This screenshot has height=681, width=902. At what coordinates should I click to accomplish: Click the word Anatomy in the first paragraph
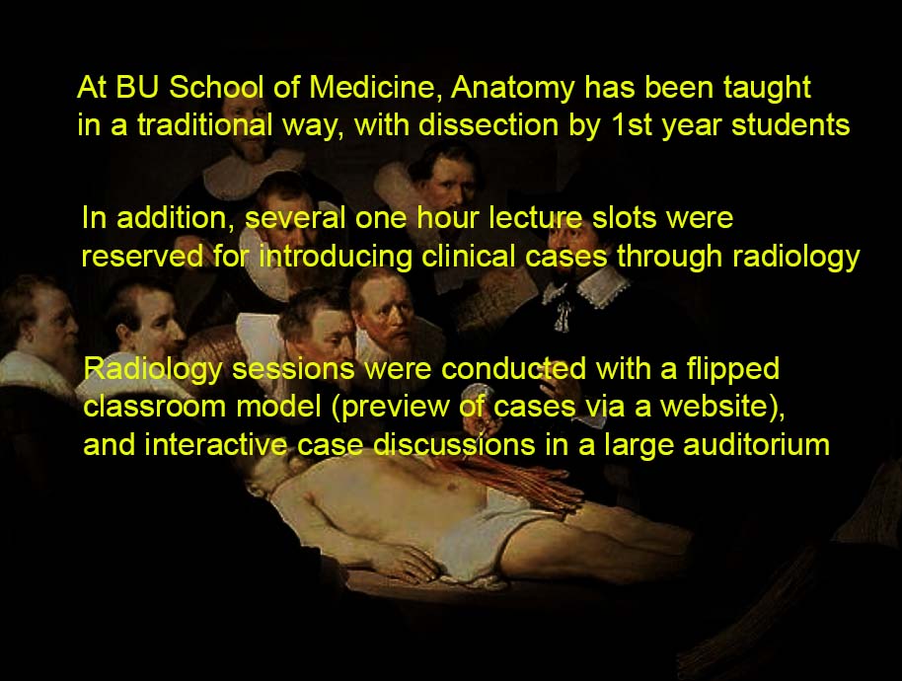[x=512, y=89]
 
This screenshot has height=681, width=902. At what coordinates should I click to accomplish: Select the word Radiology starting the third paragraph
[x=153, y=370]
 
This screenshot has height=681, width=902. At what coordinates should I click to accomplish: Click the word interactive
[x=215, y=444]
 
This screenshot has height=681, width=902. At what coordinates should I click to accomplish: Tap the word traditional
[x=205, y=124]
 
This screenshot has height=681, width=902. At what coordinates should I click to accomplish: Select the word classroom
[x=154, y=407]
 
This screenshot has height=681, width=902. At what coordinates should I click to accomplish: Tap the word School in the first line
[x=216, y=88]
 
